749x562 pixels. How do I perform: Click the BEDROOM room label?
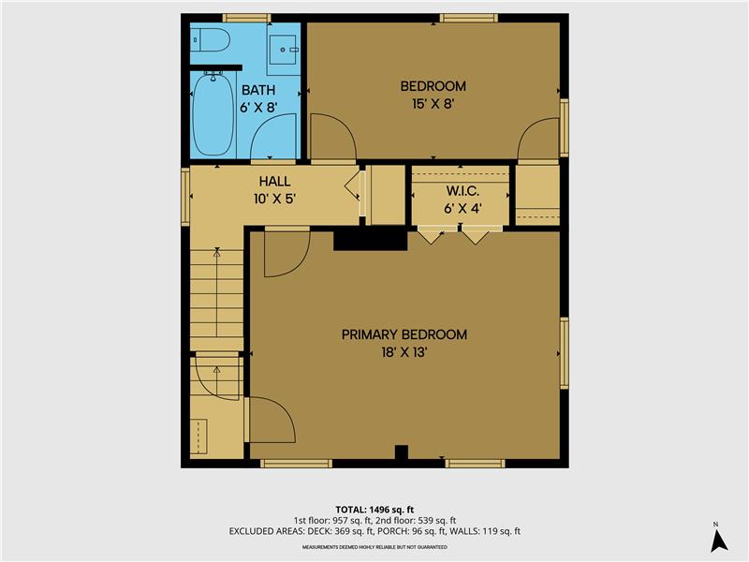pyautogui.click(x=433, y=86)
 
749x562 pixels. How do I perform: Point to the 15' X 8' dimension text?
pyautogui.click(x=433, y=104)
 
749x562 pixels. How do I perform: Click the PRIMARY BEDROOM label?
pyautogui.click(x=404, y=334)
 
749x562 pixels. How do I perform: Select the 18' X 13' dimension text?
pyautogui.click(x=404, y=352)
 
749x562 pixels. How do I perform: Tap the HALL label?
pyautogui.click(x=274, y=181)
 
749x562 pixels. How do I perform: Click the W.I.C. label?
pyautogui.click(x=463, y=191)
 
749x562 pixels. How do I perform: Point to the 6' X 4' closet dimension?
pyautogui.click(x=463, y=208)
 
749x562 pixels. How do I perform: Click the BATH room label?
pyautogui.click(x=258, y=90)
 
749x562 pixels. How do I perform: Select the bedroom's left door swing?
pyautogui.click(x=332, y=138)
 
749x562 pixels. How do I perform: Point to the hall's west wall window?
pyautogui.click(x=185, y=196)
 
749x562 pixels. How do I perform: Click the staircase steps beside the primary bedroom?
pyautogui.click(x=217, y=295)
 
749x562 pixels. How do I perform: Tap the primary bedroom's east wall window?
pyautogui.click(x=565, y=352)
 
